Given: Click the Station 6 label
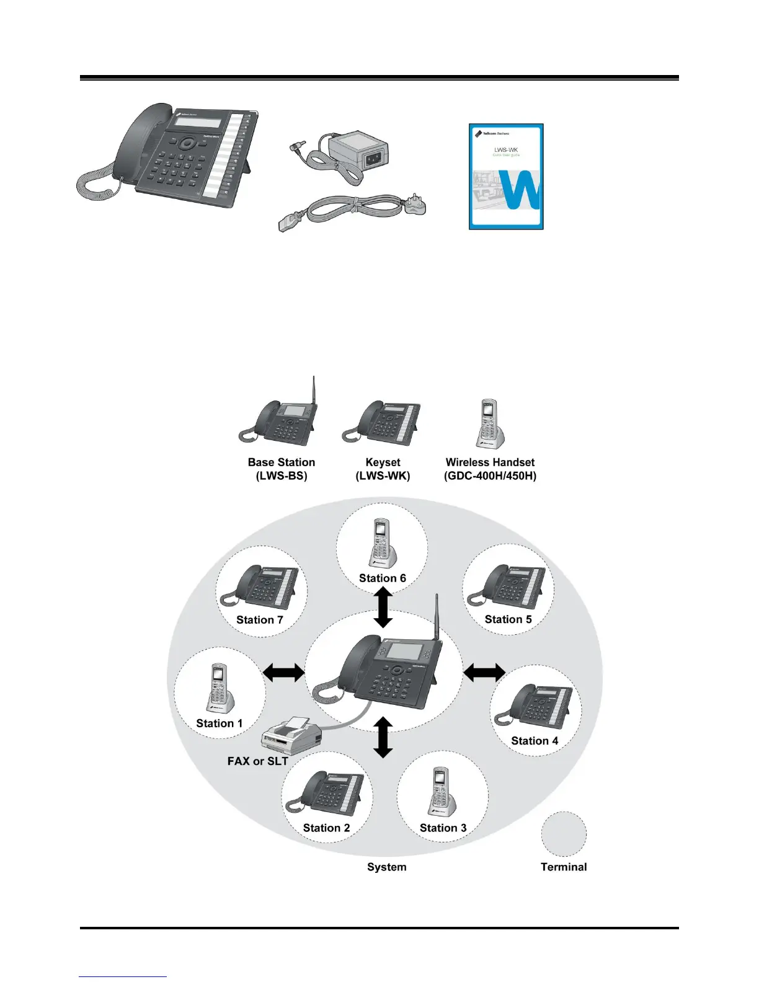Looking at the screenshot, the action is [x=382, y=578].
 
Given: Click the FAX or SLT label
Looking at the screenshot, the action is [x=257, y=761].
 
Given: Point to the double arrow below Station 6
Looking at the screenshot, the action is [x=383, y=608].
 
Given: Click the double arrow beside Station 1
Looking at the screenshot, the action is [x=284, y=672].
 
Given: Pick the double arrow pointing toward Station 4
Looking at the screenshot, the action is [x=484, y=672].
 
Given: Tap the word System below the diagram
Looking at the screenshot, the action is [x=386, y=867].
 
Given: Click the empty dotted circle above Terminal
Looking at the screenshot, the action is [x=563, y=834].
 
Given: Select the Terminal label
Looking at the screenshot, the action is [x=563, y=867].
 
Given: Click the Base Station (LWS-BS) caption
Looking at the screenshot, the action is [x=282, y=469].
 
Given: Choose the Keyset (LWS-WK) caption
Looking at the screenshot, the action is [x=383, y=469].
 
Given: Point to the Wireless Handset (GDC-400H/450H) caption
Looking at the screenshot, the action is [x=490, y=469].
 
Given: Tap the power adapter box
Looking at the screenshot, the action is [x=359, y=152].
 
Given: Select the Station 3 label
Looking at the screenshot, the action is [x=443, y=828].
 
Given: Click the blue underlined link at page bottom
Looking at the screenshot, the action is [x=123, y=976].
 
